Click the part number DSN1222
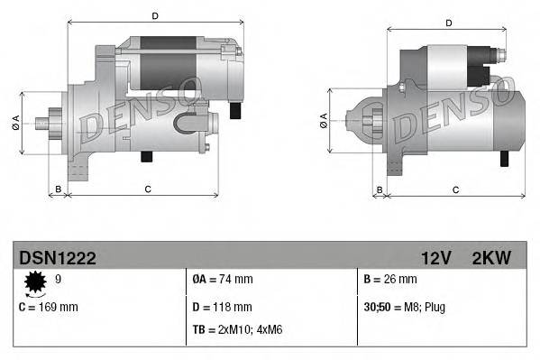click(x=57, y=258)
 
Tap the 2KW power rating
click(x=490, y=258)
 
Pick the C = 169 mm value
click(x=49, y=307)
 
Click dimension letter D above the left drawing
click(x=154, y=16)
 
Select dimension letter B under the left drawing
click(x=58, y=189)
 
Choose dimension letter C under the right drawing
click(x=454, y=189)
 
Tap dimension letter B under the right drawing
click(x=380, y=189)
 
